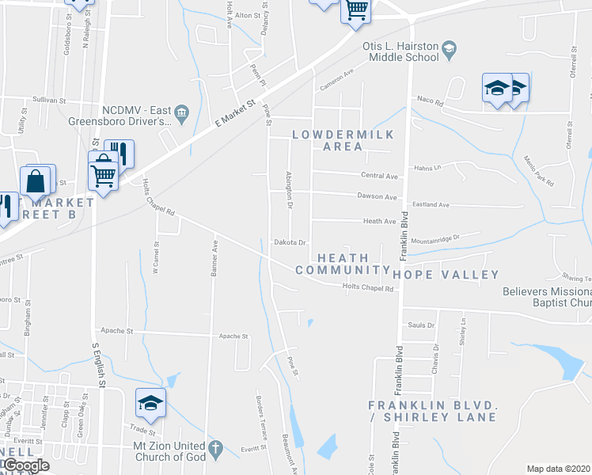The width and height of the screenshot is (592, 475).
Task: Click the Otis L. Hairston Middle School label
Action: click(x=400, y=52)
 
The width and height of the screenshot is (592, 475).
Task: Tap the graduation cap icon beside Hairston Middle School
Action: click(x=449, y=51)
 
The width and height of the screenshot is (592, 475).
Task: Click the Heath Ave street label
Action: click(x=379, y=222)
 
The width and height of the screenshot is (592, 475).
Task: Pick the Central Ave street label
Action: click(x=379, y=176)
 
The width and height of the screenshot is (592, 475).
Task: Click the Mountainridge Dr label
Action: click(x=434, y=237)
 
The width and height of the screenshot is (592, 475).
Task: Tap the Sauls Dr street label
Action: click(x=421, y=325)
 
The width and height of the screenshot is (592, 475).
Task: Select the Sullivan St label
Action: click(x=49, y=101)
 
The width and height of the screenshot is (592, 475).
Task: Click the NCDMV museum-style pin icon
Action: click(x=181, y=112)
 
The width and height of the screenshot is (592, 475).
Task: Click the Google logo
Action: click(x=25, y=465)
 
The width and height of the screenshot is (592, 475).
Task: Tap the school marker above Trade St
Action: click(x=150, y=403)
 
